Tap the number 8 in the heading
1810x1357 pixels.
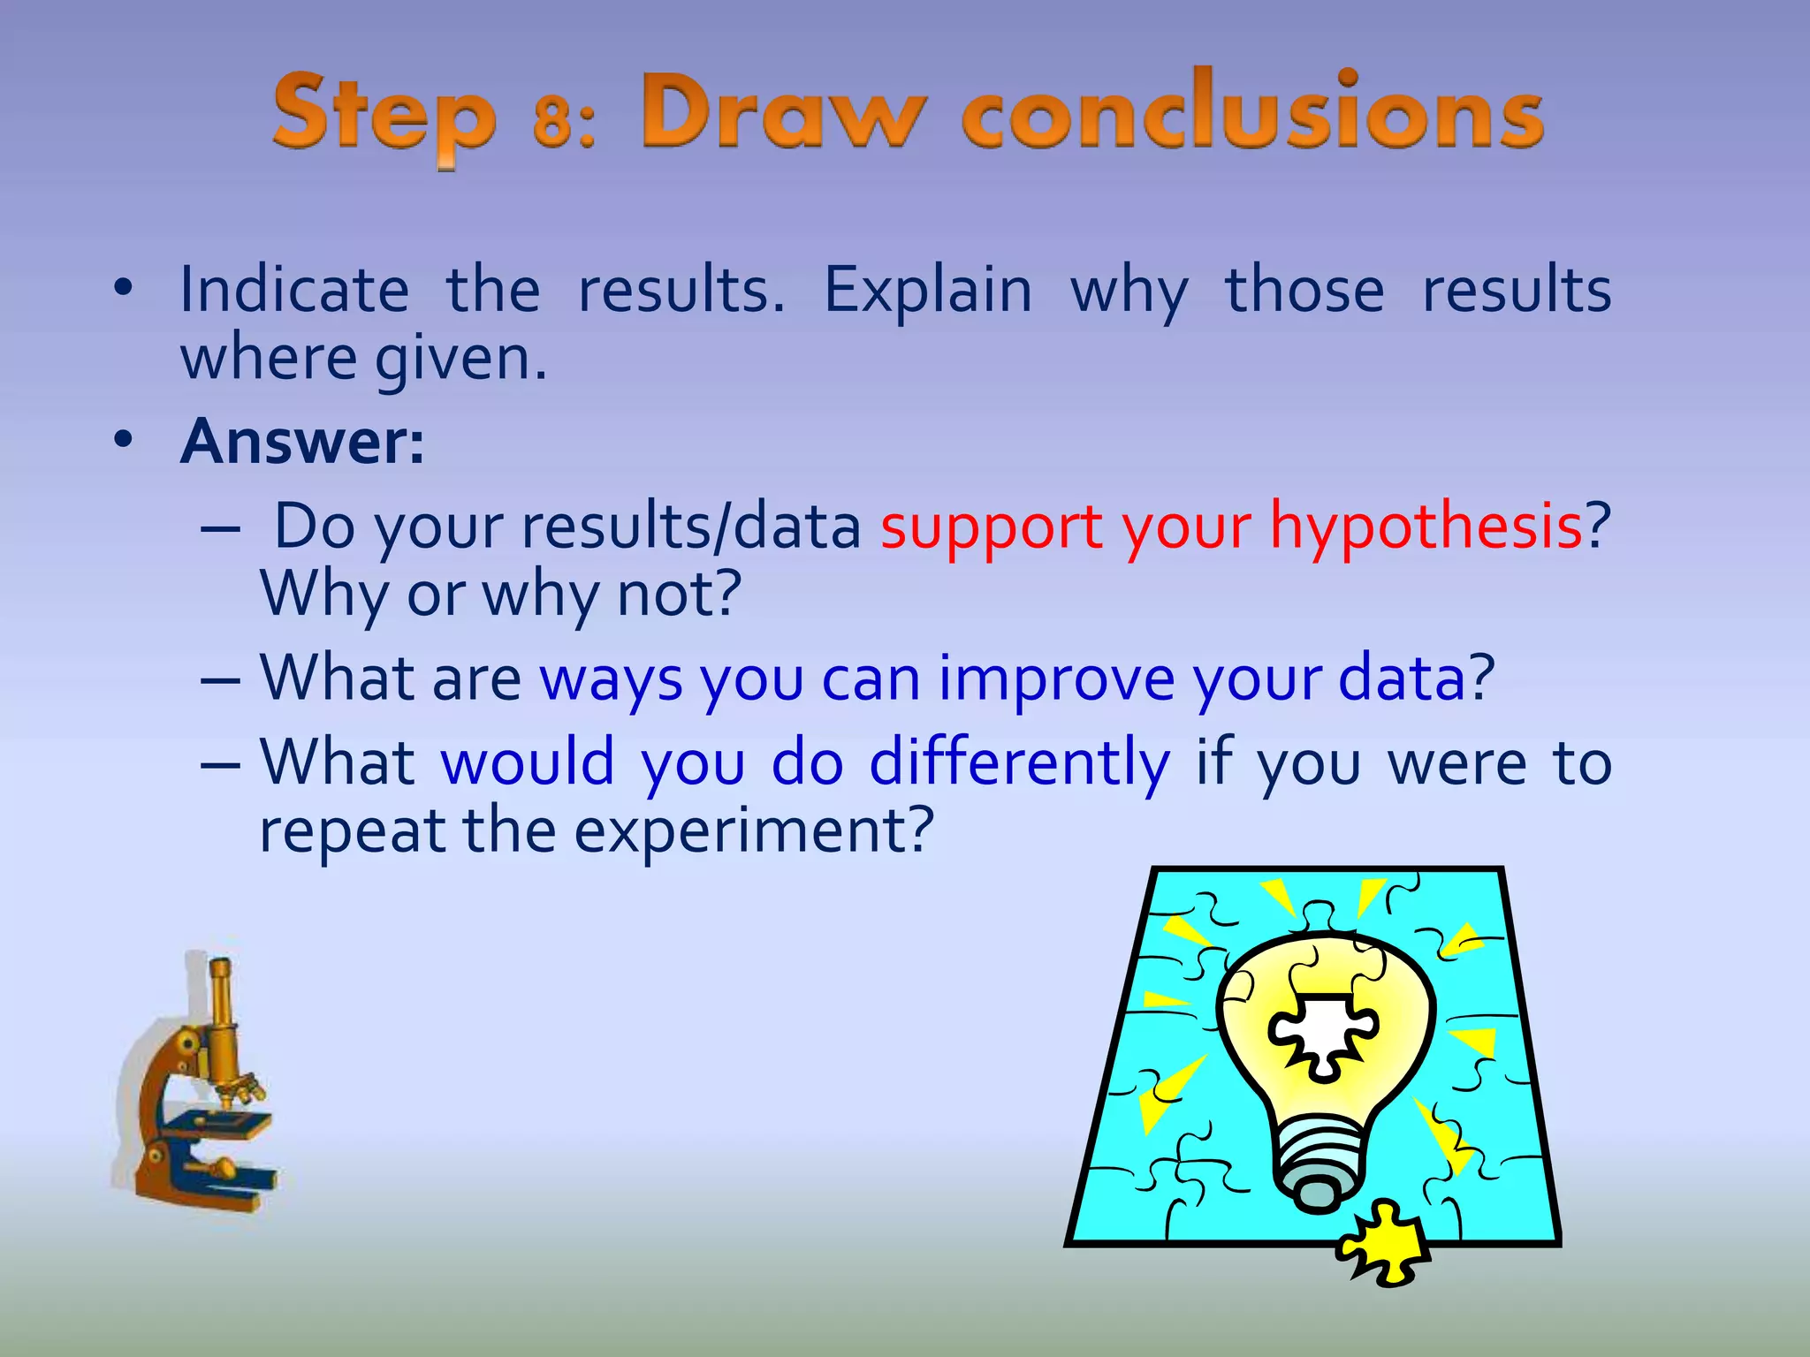552,121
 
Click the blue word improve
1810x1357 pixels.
1056,678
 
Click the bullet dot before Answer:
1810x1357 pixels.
123,439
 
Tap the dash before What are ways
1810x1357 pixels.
220,680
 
